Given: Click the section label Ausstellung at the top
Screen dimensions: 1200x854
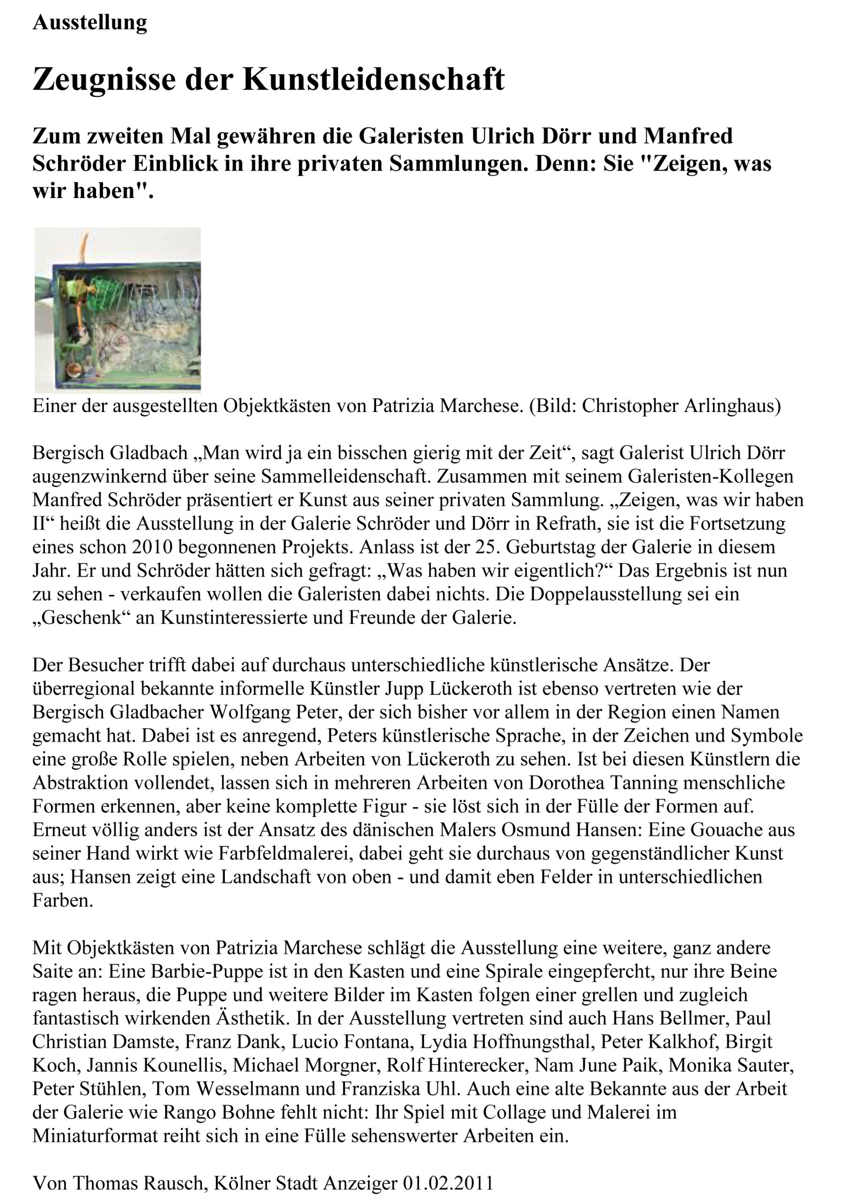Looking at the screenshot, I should pyautogui.click(x=90, y=22).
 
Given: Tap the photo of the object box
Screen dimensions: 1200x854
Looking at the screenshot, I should pyautogui.click(x=118, y=310).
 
